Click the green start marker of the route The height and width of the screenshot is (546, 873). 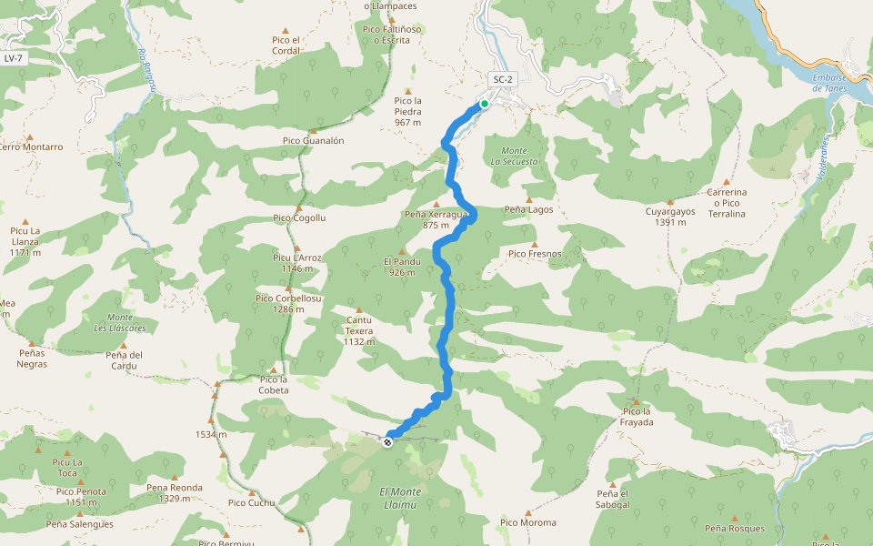(x=485, y=104)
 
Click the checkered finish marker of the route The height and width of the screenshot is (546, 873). (x=388, y=442)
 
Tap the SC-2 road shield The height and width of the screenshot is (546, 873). (x=503, y=79)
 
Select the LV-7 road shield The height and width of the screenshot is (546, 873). (x=13, y=58)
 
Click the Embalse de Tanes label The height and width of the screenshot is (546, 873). (x=829, y=83)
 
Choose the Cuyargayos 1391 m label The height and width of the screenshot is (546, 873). (x=670, y=217)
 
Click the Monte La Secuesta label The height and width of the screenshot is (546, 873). (x=514, y=156)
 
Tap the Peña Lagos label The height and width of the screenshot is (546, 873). (x=528, y=209)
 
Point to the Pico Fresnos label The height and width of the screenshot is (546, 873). (x=535, y=254)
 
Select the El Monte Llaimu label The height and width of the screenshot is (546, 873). (x=401, y=497)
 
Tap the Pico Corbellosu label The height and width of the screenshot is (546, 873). (x=288, y=303)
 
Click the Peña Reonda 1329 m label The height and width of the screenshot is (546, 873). (x=174, y=492)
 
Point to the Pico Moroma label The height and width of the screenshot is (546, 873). (x=527, y=522)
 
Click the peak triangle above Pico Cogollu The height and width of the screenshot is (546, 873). (x=298, y=207)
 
